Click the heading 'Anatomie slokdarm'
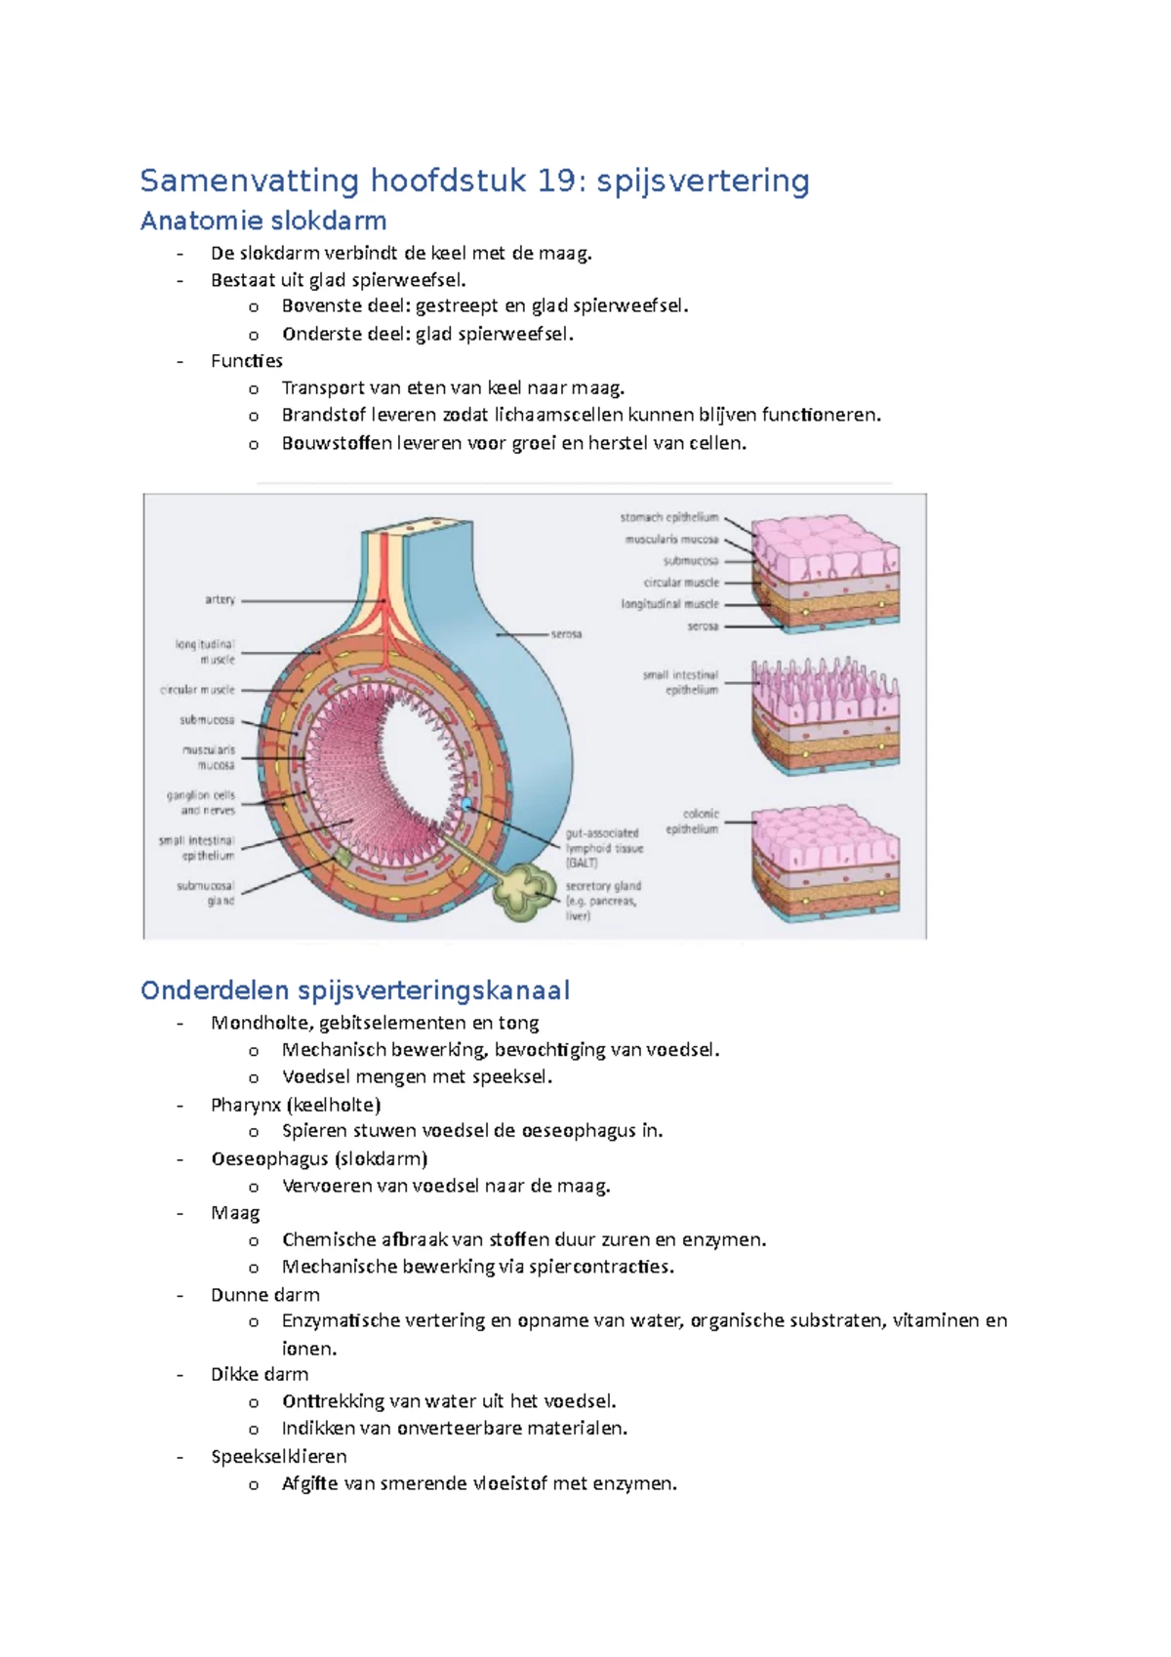point(263,222)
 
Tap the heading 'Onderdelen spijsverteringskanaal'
point(355,990)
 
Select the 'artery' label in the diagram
point(220,599)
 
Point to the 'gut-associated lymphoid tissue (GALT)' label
point(603,848)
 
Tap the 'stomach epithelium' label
point(669,517)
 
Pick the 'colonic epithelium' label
point(693,821)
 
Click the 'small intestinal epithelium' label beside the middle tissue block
point(681,682)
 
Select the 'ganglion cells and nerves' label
point(201,802)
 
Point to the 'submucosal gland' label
point(206,893)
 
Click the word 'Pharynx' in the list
point(245,1105)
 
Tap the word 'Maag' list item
point(235,1213)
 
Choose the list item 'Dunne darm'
point(264,1295)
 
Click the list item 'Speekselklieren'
point(278,1456)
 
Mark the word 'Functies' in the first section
point(246,361)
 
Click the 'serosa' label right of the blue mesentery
point(566,634)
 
